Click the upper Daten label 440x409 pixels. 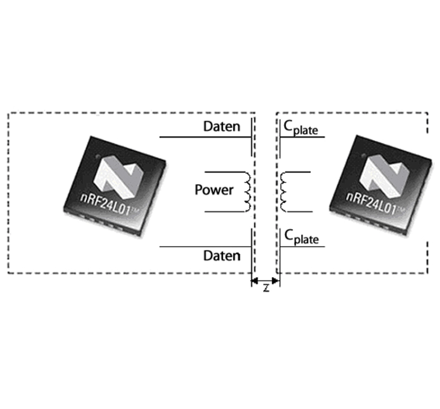(x=222, y=126)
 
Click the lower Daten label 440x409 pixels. (x=222, y=256)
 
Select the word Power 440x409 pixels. (x=214, y=190)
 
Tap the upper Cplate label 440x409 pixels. (x=301, y=128)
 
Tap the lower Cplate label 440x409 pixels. (x=301, y=237)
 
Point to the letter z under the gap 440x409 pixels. (x=266, y=288)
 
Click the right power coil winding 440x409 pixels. (x=283, y=192)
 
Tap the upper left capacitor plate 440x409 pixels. (x=252, y=137)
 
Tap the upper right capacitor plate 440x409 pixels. (x=280, y=139)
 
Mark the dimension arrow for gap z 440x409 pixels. (x=266, y=281)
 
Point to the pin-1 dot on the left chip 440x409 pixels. (x=98, y=156)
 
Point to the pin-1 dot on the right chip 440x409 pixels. (x=363, y=156)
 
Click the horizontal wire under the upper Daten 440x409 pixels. (x=205, y=137)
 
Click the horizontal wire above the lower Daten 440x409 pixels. (x=205, y=246)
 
